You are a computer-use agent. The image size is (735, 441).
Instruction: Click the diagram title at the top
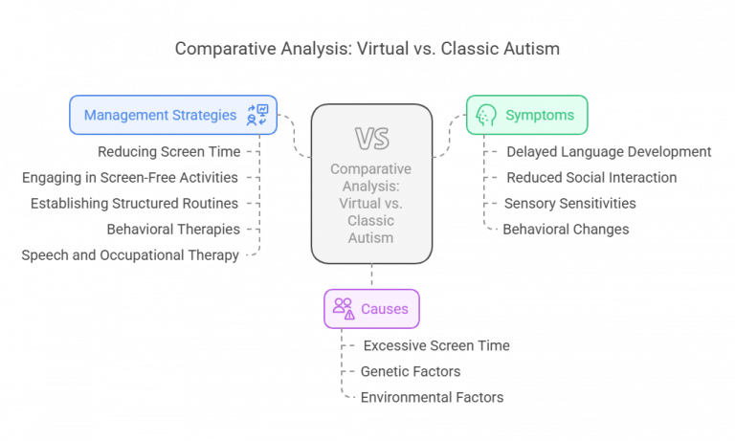(x=367, y=49)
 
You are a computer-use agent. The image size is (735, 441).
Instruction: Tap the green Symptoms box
(x=526, y=115)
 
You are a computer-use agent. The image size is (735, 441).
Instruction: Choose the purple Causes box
(x=370, y=308)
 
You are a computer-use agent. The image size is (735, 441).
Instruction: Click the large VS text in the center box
(x=370, y=140)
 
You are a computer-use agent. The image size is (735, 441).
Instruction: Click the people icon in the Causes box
(x=343, y=308)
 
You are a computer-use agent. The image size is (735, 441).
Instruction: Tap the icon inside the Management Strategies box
(x=257, y=115)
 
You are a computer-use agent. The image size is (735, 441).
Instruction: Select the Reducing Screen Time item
(x=168, y=151)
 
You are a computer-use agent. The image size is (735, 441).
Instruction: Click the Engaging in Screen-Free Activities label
(x=130, y=177)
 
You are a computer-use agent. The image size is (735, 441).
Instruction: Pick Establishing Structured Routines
(x=135, y=203)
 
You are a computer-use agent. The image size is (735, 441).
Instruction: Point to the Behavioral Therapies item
(x=172, y=229)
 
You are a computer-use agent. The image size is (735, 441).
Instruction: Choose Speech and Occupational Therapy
(x=130, y=254)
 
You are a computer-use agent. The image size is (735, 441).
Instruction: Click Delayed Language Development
(x=608, y=151)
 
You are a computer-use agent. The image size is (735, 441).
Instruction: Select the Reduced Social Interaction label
(x=590, y=177)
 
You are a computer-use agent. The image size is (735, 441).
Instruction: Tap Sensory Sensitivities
(x=570, y=203)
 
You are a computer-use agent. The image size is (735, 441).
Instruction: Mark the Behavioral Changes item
(x=568, y=229)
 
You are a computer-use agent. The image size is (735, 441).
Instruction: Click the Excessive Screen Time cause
(x=436, y=345)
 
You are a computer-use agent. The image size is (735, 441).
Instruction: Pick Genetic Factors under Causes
(x=412, y=371)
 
